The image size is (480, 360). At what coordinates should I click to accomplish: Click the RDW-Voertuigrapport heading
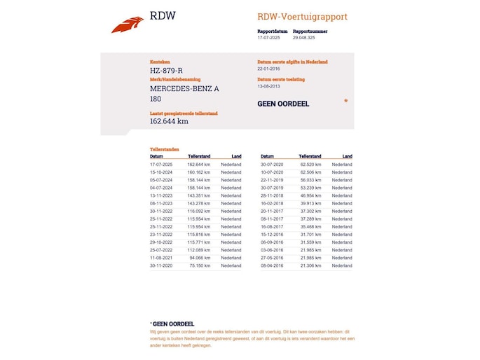(302, 17)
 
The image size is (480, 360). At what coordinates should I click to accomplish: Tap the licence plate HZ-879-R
(166, 70)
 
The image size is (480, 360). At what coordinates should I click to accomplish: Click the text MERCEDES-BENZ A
(184, 88)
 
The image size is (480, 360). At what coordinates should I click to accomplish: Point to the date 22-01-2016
(269, 69)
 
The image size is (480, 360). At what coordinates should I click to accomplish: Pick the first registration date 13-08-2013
(269, 87)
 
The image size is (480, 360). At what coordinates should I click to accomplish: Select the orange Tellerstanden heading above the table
(165, 149)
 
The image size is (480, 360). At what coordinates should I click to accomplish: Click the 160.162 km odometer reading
(198, 172)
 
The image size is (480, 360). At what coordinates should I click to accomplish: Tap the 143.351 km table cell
(198, 196)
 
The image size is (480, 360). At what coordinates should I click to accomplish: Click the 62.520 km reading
(311, 164)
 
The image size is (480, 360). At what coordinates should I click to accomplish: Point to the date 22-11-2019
(272, 180)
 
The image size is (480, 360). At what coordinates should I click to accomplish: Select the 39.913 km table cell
(311, 204)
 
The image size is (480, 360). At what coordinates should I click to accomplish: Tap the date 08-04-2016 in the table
(272, 266)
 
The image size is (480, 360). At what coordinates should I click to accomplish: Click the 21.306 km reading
(311, 266)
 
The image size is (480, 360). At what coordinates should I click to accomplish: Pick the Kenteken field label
(160, 62)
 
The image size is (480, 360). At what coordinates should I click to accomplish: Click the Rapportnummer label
(310, 31)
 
